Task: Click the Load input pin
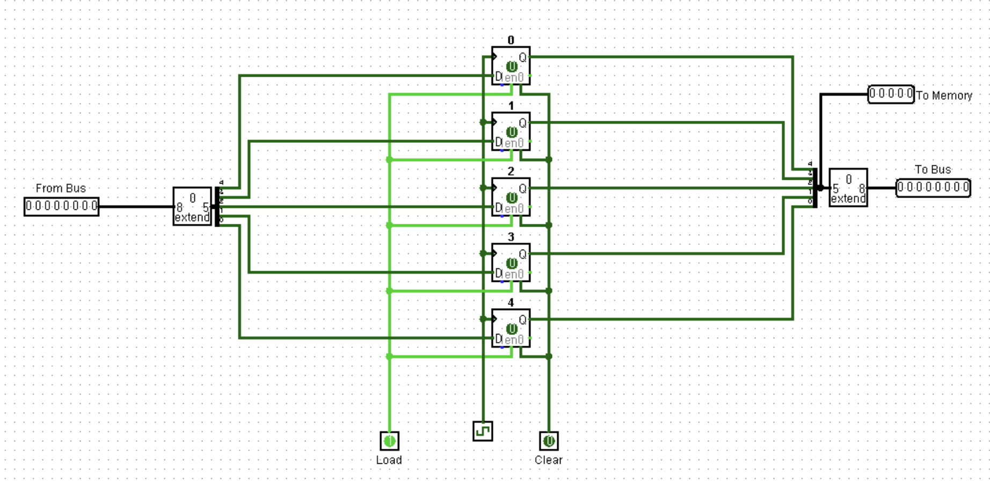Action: click(389, 441)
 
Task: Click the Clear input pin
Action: click(548, 441)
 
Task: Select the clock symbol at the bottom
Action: click(483, 431)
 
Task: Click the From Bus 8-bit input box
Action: click(62, 206)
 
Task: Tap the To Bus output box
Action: click(933, 188)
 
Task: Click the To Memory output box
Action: click(891, 94)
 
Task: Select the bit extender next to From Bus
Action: click(192, 207)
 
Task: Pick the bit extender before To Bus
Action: click(848, 188)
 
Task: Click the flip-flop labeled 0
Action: click(511, 66)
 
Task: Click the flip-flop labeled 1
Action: click(511, 132)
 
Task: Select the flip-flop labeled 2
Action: click(511, 197)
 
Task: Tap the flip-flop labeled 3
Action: click(511, 263)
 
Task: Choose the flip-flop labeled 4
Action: click(511, 328)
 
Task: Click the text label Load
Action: click(389, 460)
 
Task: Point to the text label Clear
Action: click(548, 460)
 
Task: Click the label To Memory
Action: click(944, 96)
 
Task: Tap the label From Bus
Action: click(61, 188)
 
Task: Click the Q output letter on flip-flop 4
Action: click(522, 320)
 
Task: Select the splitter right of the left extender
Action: click(217, 207)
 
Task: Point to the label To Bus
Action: click(933, 170)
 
